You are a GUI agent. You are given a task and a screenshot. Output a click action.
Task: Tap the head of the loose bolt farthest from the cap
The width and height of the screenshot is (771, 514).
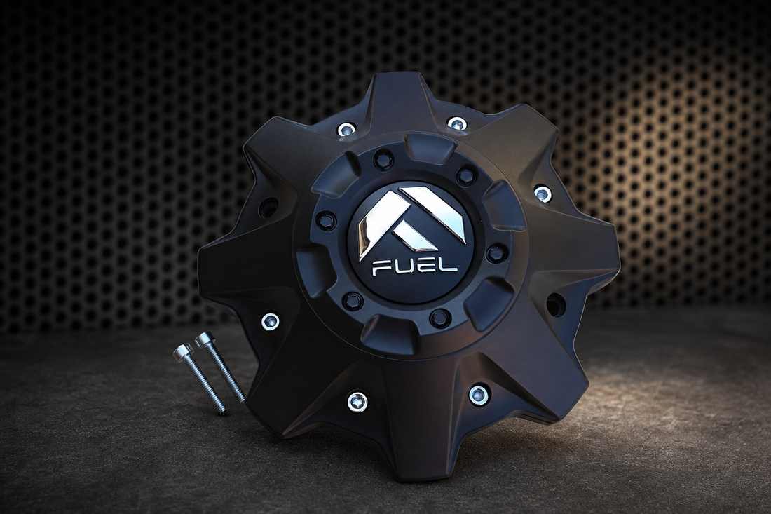click(x=182, y=352)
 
